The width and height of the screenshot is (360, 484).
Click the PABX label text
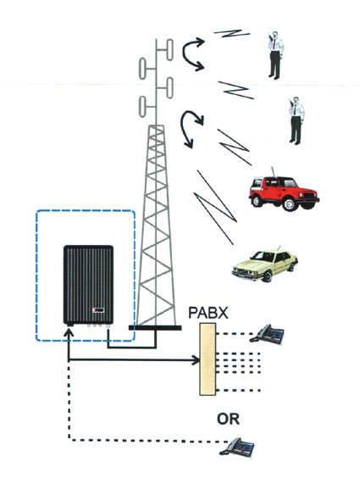(208, 313)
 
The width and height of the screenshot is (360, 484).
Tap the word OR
(228, 419)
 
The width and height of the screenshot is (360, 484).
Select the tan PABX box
(208, 359)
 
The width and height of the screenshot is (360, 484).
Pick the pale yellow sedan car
(265, 264)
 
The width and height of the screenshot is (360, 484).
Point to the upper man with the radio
(275, 55)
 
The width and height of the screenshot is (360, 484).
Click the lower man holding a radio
(296, 120)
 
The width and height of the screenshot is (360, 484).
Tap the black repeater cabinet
(89, 284)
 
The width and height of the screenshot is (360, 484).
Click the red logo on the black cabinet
(98, 310)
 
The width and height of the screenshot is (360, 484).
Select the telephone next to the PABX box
(267, 334)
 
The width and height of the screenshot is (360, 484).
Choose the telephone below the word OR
(237, 447)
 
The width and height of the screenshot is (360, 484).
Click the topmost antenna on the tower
(169, 49)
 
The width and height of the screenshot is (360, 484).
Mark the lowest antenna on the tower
(142, 107)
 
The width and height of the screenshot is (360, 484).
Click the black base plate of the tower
(155, 328)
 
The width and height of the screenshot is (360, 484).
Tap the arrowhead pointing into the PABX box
(197, 359)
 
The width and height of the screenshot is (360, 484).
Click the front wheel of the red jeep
(290, 204)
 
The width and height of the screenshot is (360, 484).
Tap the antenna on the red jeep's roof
(273, 172)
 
